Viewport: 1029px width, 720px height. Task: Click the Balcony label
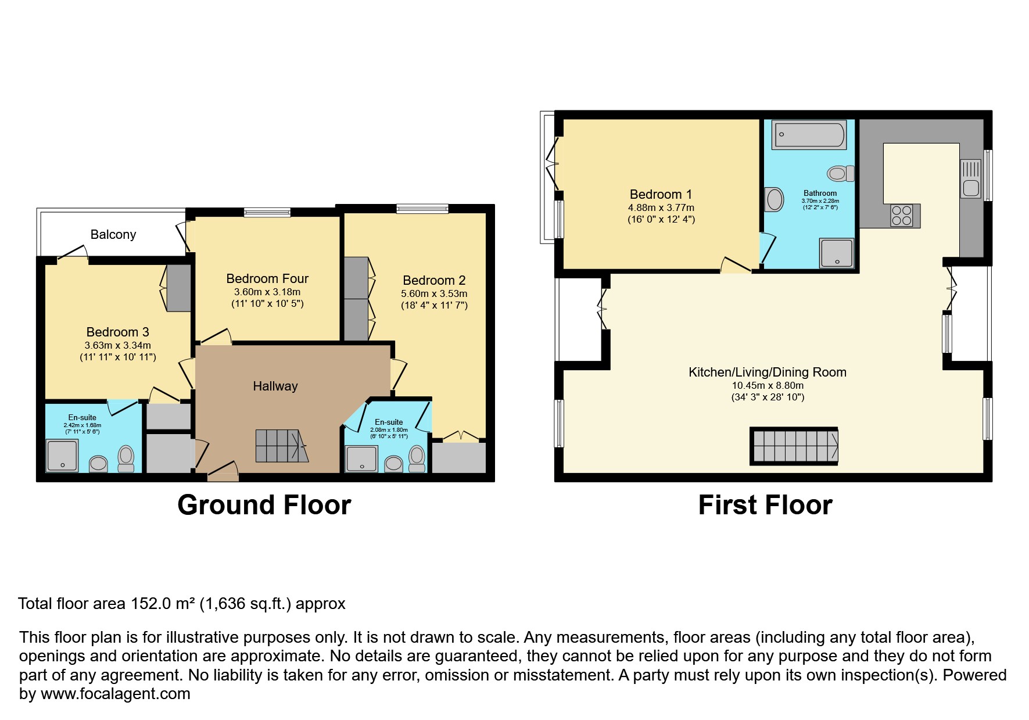tap(113, 235)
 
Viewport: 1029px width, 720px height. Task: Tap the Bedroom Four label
tap(267, 279)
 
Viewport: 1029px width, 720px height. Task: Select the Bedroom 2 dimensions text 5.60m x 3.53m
tap(434, 294)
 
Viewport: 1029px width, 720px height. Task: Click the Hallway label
tap(275, 386)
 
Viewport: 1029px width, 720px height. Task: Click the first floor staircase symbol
tap(794, 446)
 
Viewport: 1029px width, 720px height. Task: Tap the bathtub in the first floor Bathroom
tap(809, 135)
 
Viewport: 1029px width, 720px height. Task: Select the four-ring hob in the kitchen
tap(902, 216)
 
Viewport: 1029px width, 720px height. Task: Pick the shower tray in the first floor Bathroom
tap(837, 253)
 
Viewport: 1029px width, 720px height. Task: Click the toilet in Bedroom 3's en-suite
tap(126, 459)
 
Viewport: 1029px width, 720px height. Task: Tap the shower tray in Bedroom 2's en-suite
tap(361, 458)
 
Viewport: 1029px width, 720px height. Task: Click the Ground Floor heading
tap(264, 505)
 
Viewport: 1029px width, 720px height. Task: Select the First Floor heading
tap(765, 505)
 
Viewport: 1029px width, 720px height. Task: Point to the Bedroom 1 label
tap(661, 195)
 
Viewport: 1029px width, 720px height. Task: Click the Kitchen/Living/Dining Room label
tap(767, 372)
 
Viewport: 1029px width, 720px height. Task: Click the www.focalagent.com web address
tap(115, 694)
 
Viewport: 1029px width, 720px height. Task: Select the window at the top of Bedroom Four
tap(267, 213)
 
